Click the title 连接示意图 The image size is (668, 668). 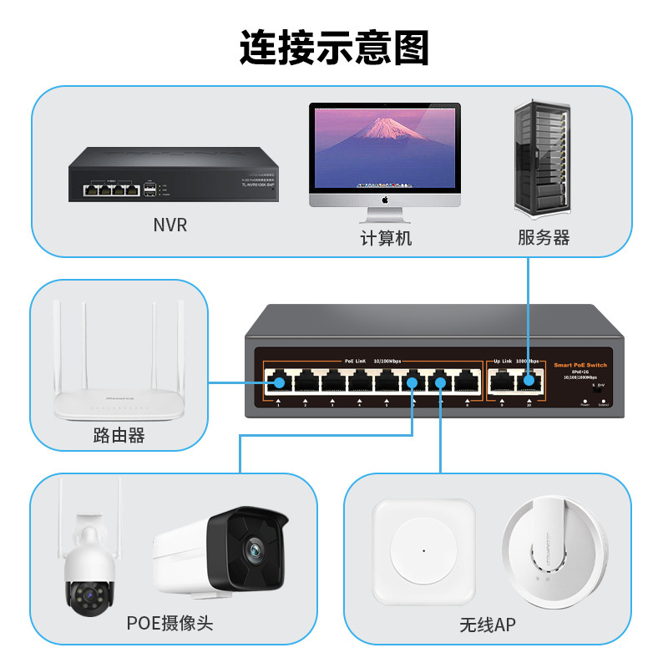click(x=334, y=48)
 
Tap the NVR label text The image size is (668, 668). click(x=170, y=225)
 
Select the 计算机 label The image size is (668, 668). click(x=386, y=238)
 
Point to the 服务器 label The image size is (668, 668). click(x=544, y=238)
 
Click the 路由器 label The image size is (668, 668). click(x=119, y=435)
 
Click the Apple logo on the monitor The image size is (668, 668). click(x=386, y=200)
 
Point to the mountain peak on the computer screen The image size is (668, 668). click(x=384, y=122)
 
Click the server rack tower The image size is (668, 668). click(x=543, y=159)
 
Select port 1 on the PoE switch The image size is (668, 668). click(x=279, y=382)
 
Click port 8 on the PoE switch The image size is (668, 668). click(x=465, y=382)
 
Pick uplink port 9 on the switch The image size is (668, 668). click(x=501, y=382)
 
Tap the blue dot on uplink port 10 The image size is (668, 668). click(x=528, y=382)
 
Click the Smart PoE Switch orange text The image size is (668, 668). click(x=580, y=365)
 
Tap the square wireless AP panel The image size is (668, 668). click(x=423, y=551)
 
